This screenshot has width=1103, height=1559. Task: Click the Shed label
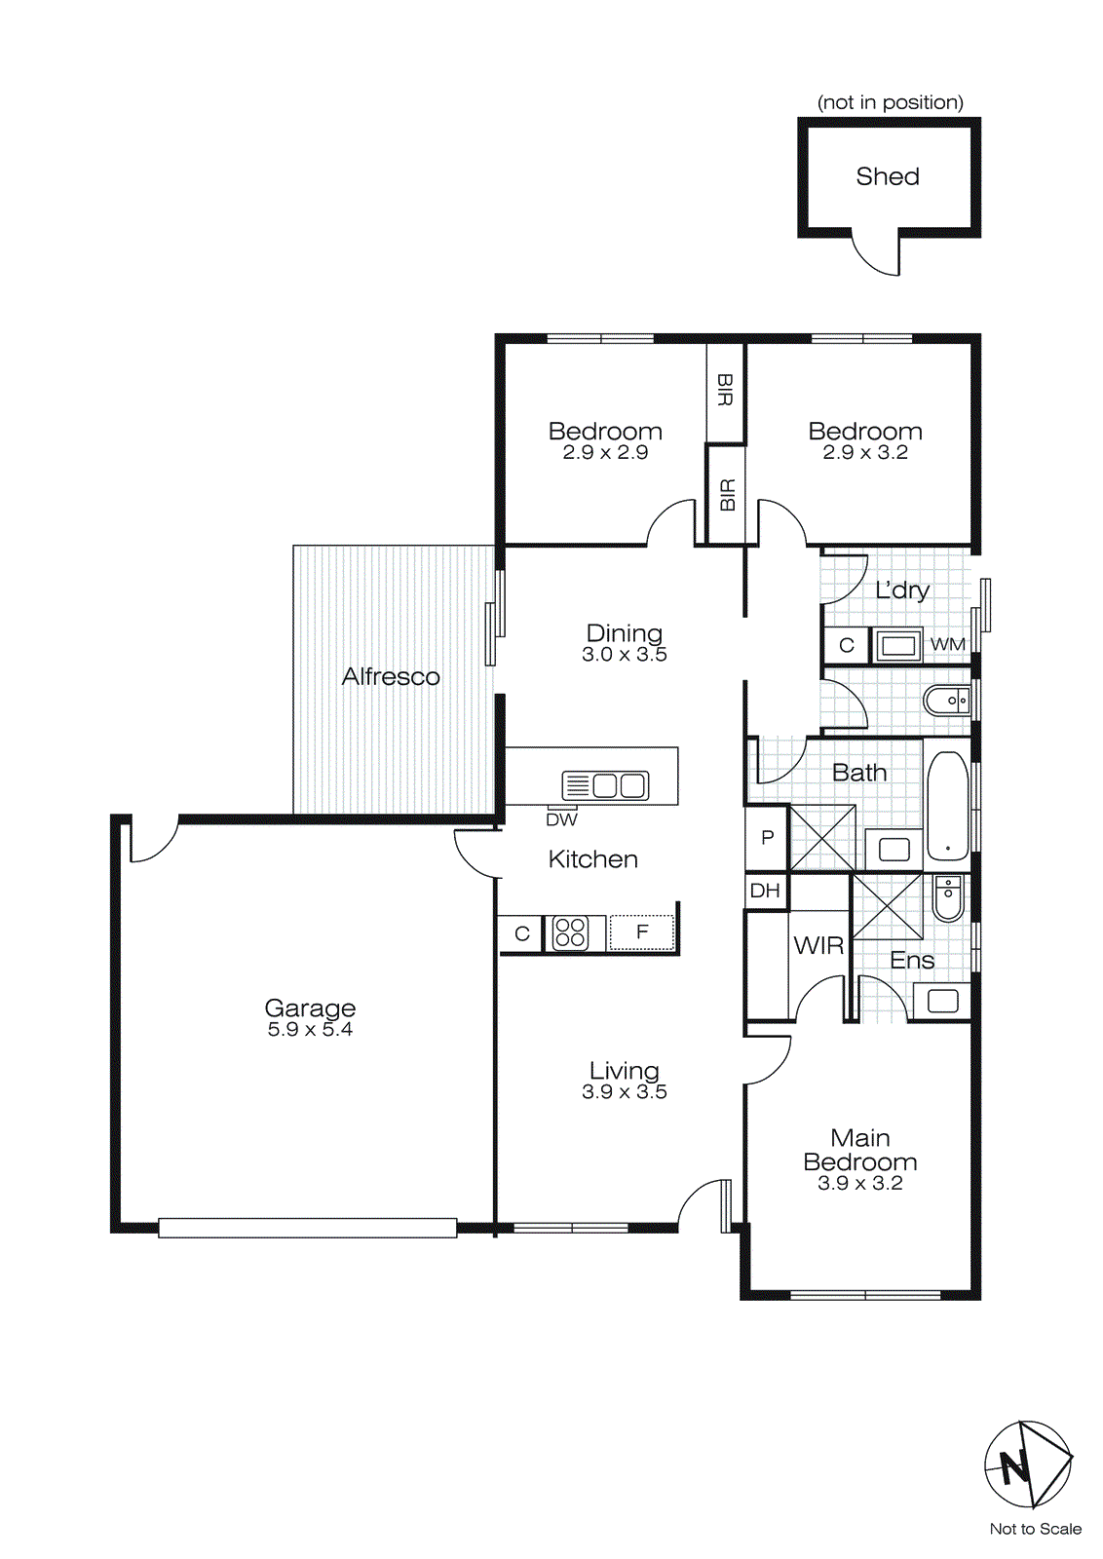(887, 176)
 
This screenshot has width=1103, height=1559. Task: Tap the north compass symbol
(1027, 1464)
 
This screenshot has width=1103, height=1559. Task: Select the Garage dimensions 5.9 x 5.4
(310, 1030)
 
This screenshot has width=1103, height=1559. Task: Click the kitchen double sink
(605, 785)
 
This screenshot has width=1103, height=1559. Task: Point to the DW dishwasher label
(561, 819)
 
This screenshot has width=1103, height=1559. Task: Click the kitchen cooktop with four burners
(570, 932)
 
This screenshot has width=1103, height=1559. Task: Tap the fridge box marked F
(641, 932)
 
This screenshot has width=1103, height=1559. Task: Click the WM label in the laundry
(947, 645)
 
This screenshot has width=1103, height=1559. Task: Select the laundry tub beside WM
(897, 645)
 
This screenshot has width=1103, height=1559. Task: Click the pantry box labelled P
(767, 837)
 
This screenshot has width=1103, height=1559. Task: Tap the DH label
(765, 891)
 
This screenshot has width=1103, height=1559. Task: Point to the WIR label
(818, 945)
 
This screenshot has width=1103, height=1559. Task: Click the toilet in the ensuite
(947, 898)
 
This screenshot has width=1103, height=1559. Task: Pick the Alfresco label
(391, 676)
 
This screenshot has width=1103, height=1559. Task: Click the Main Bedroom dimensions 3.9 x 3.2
(859, 1184)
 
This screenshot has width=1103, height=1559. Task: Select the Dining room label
(624, 633)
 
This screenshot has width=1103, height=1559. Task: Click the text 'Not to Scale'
(1035, 1529)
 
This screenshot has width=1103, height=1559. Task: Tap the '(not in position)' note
(890, 102)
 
